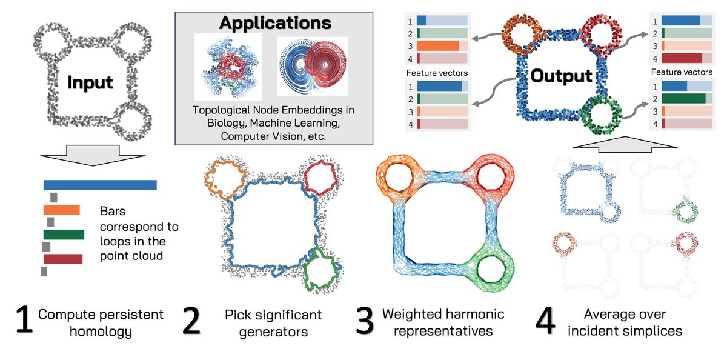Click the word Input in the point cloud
(90, 82)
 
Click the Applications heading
(275, 23)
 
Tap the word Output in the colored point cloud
(560, 76)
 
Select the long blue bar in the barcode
(100, 185)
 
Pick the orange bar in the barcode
(61, 210)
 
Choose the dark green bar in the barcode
(64, 235)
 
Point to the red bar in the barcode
(62, 259)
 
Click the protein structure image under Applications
(228, 67)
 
